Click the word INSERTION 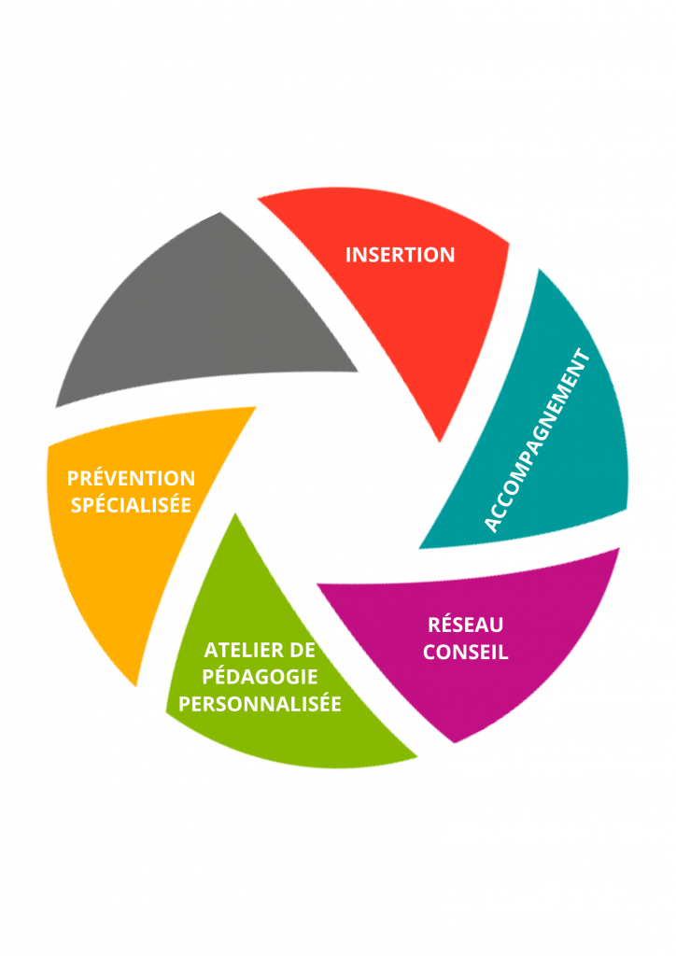point(400,254)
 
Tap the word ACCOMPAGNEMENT point(538,441)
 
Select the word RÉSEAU point(465,625)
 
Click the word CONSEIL point(465,652)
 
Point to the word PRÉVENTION point(131,478)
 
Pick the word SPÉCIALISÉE point(131,505)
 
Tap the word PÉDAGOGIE point(260,676)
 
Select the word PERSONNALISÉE point(260,703)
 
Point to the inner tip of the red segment point(438,442)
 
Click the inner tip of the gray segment point(358,373)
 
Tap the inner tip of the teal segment point(419,548)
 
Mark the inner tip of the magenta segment point(317,585)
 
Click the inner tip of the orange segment point(257,406)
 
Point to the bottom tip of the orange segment point(137,688)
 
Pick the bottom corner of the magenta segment point(454,743)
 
